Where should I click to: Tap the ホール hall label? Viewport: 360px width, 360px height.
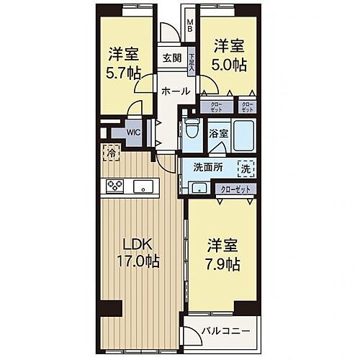(175, 91)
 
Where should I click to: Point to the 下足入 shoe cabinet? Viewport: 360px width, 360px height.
(192, 60)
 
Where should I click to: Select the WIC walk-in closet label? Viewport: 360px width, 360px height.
(134, 132)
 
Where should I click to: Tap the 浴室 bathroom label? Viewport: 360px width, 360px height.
(218, 133)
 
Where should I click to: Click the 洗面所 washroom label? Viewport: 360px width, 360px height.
(207, 168)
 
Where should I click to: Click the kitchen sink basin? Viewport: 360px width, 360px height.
(145, 188)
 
